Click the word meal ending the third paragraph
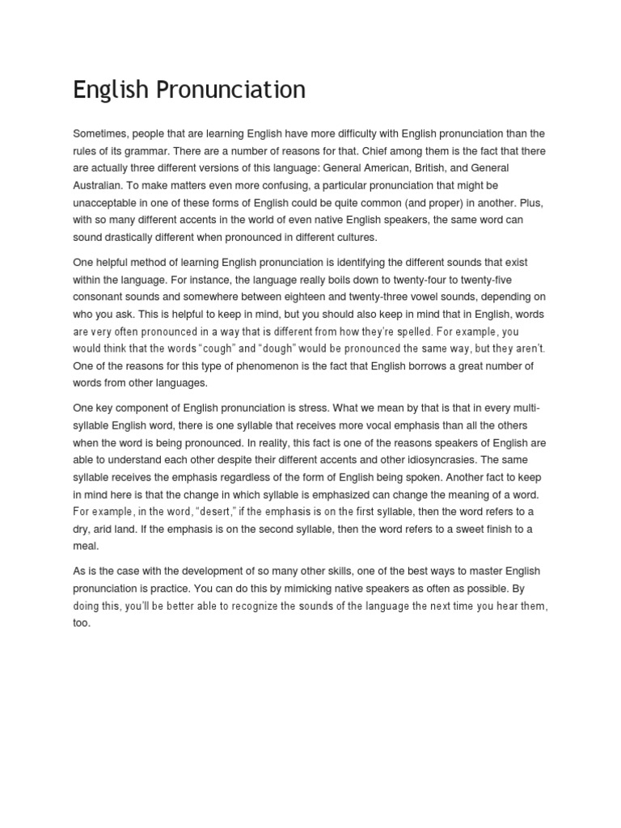[85, 546]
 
